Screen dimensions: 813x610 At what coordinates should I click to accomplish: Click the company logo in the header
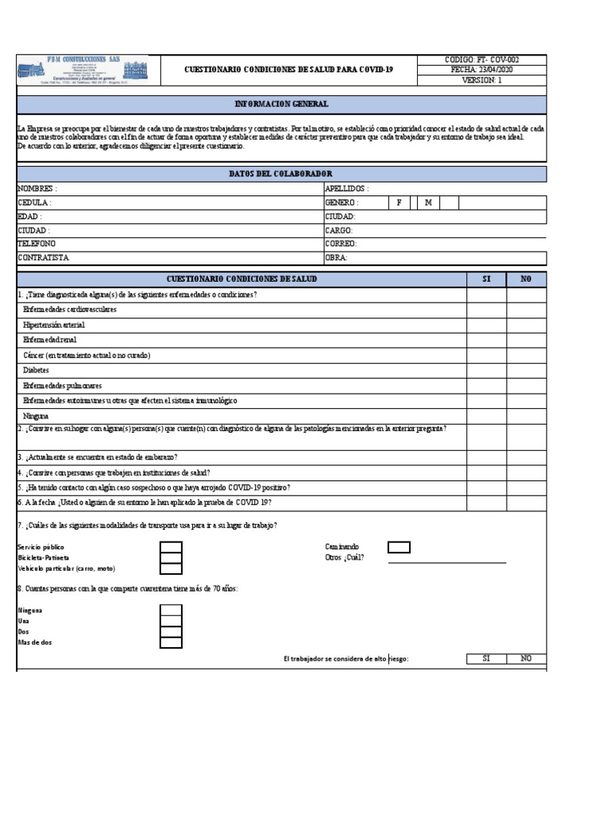click(x=83, y=70)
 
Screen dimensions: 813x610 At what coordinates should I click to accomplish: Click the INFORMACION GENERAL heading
click(x=281, y=104)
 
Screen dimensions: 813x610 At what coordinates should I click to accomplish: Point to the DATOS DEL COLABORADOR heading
click(x=281, y=174)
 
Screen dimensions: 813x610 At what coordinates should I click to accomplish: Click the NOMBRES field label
click(x=37, y=189)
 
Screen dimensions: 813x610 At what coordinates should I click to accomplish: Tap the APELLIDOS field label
click(x=346, y=189)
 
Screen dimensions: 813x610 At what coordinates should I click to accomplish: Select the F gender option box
click(x=399, y=202)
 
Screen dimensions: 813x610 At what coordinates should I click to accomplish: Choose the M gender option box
click(x=428, y=202)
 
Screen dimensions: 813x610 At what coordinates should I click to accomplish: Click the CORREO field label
click(x=341, y=244)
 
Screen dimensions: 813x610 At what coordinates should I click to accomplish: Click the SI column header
click(x=486, y=279)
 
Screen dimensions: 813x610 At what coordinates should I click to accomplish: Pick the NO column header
click(x=527, y=279)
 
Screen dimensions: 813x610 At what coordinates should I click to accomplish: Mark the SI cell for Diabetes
click(x=486, y=370)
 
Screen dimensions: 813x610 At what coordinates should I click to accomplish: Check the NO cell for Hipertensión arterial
click(x=527, y=325)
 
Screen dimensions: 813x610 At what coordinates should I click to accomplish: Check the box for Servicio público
click(x=171, y=547)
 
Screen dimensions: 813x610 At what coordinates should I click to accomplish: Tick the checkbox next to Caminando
click(x=399, y=547)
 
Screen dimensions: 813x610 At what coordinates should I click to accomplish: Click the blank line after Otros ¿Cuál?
click(x=446, y=558)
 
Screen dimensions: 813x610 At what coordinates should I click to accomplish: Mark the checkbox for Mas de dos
click(x=171, y=642)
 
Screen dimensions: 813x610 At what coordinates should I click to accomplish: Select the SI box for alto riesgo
click(x=486, y=659)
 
